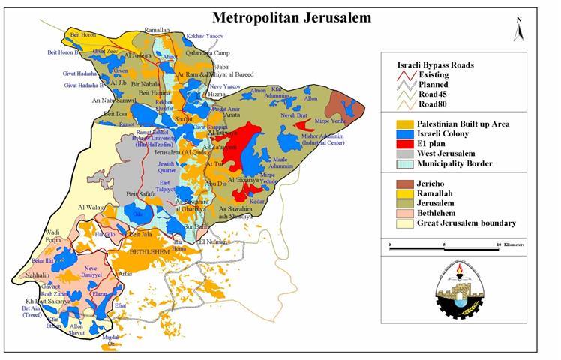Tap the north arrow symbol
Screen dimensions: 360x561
518,30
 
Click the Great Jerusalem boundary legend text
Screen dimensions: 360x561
468,223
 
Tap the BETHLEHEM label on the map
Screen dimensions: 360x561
151,253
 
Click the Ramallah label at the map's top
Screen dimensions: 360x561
157,31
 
